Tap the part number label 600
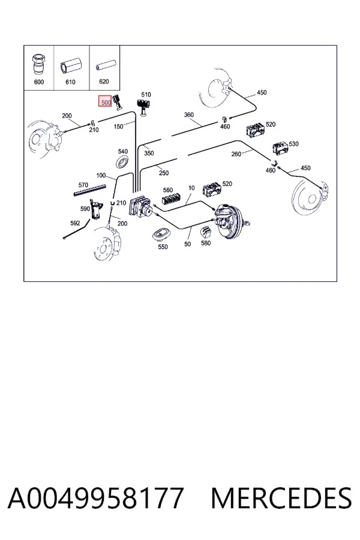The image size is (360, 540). [39, 82]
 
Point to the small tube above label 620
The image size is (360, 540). [104, 66]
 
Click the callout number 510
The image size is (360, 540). [146, 94]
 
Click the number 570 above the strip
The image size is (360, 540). [83, 185]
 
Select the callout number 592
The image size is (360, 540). [75, 223]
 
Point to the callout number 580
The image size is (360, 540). [206, 243]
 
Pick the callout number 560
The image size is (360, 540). [168, 190]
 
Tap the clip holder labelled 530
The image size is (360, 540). [280, 148]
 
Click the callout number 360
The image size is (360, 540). [189, 115]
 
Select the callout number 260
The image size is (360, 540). [236, 154]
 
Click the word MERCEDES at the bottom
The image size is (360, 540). [281, 498]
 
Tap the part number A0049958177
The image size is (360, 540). [96, 498]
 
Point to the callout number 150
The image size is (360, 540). [118, 127]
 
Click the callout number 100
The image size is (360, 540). [101, 176]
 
